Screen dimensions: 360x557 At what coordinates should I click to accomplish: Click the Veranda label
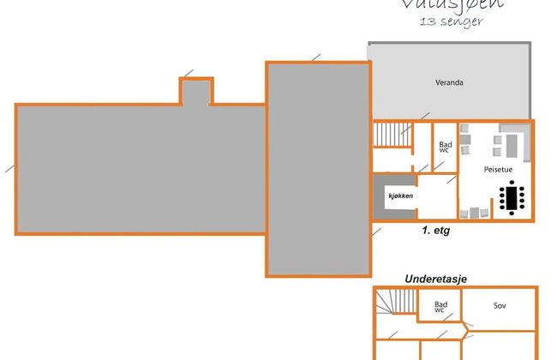(449, 83)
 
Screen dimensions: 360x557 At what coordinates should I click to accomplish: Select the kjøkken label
(401, 196)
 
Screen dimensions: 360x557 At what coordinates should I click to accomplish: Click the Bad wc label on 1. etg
(444, 147)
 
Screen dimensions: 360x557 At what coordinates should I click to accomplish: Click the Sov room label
(500, 305)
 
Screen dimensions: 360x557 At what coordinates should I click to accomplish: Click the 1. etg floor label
(434, 231)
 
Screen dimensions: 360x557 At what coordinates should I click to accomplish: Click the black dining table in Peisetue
(512, 200)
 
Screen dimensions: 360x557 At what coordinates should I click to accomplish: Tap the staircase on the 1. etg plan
(386, 135)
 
